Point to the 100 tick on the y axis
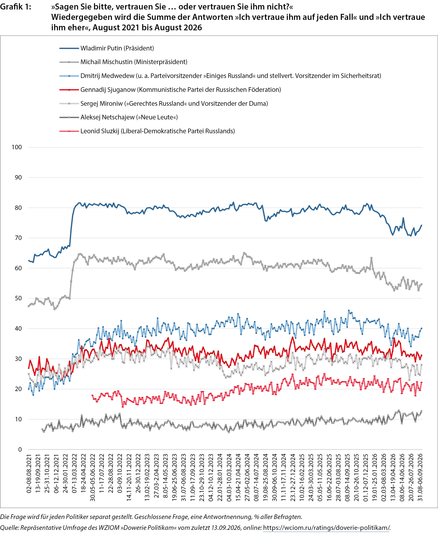[17, 147]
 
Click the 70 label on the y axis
[18, 238]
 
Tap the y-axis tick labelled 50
[18, 298]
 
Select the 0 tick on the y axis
[20, 449]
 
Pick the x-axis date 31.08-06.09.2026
[420, 477]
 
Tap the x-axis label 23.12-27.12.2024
[293, 477]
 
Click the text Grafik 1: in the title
[16, 7]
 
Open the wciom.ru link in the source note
[327, 528]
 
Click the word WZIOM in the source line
[109, 528]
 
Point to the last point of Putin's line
[422, 225]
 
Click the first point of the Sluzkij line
[92, 395]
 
